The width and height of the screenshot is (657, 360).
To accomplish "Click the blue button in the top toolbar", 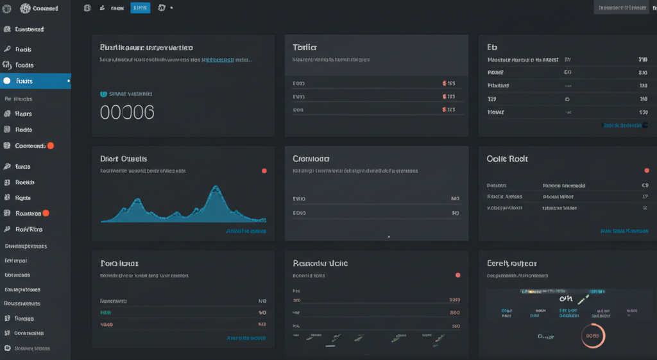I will tap(140, 8).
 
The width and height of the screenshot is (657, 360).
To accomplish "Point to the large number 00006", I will tap(127, 112).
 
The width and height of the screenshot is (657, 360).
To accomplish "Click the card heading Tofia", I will tap(305, 47).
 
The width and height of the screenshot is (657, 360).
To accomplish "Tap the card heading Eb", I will tap(493, 47).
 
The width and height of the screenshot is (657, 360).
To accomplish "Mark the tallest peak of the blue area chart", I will tap(214, 188).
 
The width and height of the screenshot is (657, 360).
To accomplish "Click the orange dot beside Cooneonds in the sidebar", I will tap(51, 146).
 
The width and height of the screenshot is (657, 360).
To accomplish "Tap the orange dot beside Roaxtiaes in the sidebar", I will tap(46, 213).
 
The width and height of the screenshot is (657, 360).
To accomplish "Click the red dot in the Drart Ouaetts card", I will tap(264, 171).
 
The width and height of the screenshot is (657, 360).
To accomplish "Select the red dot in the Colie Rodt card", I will tap(646, 171).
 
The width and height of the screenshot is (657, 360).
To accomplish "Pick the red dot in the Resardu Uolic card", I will tap(457, 275).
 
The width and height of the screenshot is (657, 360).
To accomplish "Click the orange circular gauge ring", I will tap(592, 334).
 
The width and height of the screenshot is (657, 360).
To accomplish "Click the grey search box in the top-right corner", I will tap(622, 8).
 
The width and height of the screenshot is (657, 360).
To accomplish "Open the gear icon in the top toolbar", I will tap(162, 8).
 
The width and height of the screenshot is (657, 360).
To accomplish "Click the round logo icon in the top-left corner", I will tap(26, 8).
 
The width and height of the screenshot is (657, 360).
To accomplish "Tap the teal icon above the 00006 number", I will tap(104, 94).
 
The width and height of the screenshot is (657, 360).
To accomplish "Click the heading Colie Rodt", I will tap(507, 159).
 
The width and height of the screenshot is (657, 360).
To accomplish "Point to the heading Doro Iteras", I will tap(119, 263).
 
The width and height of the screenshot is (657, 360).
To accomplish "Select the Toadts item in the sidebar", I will tap(24, 65).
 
